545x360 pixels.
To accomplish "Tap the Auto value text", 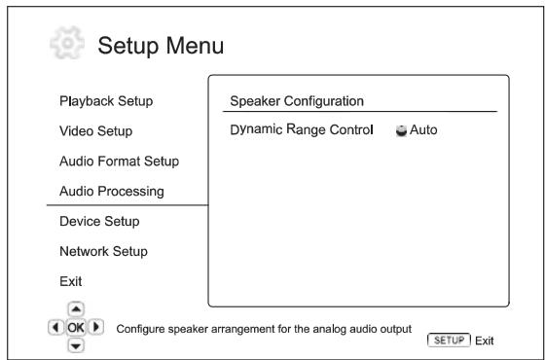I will (424, 130).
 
